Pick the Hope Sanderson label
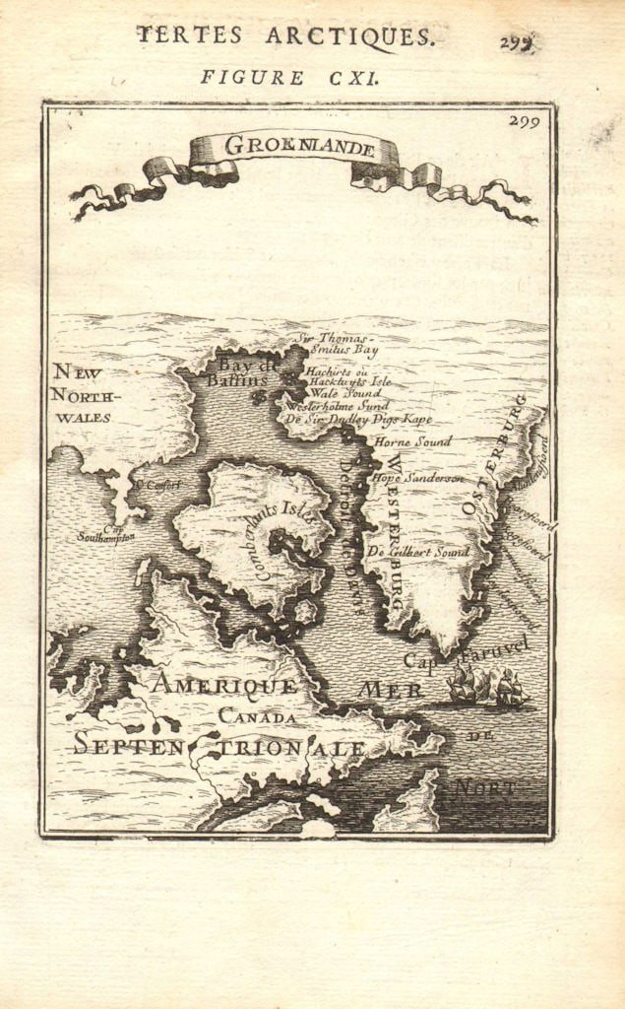(x=417, y=478)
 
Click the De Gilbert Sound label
(x=417, y=552)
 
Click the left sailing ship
(x=463, y=684)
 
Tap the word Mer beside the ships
(x=391, y=689)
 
